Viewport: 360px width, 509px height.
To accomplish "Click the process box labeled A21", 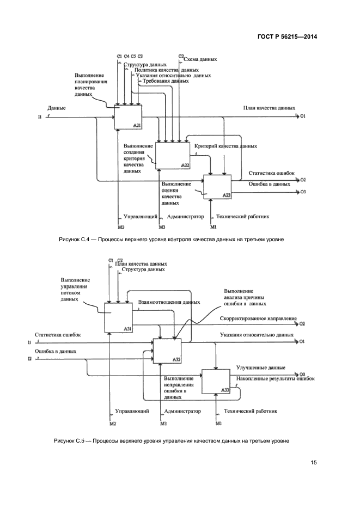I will coord(128,116).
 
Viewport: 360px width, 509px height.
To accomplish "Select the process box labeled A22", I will coord(173,155).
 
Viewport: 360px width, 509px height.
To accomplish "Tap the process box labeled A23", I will coord(217,186).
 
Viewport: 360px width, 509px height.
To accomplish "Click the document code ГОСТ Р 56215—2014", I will coord(287,37).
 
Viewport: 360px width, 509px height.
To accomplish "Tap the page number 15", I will coord(314,463).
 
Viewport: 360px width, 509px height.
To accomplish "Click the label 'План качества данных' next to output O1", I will coord(269,108).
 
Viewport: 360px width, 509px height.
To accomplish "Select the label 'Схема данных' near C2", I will coord(201,59).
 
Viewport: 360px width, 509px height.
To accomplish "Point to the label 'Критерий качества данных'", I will coord(226,146).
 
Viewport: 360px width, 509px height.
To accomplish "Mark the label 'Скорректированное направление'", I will coord(259,318).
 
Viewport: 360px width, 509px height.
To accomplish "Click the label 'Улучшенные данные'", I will coord(257,368).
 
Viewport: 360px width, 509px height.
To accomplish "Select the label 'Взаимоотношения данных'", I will coord(169,302).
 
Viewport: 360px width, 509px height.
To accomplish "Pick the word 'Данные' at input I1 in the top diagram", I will coord(57,108).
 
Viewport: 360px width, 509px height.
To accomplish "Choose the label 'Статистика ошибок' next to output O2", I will coord(272,173).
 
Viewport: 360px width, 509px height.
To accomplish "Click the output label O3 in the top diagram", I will coord(303,192).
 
